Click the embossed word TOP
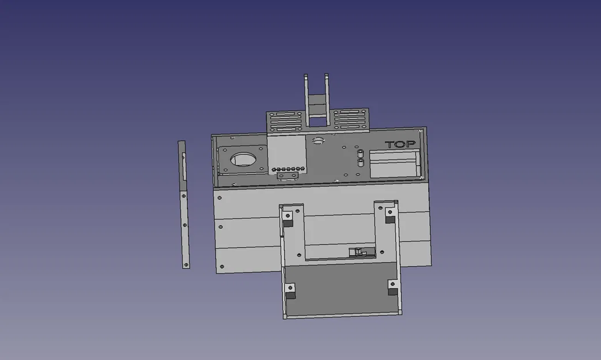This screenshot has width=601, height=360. (400, 145)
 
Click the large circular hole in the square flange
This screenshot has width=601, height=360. (244, 159)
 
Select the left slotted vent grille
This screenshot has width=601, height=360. (285, 121)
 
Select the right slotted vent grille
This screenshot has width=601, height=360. (350, 119)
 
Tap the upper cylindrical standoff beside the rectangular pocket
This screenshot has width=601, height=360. (361, 155)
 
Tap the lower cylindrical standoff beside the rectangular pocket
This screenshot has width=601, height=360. (361, 163)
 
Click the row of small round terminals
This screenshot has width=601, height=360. (288, 170)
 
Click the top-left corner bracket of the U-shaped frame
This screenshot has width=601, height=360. (287, 218)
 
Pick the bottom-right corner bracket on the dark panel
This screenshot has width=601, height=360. (393, 287)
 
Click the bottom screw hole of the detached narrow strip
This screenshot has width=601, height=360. (186, 265)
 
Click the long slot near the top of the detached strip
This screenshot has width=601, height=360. (184, 166)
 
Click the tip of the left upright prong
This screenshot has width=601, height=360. (306, 76)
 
